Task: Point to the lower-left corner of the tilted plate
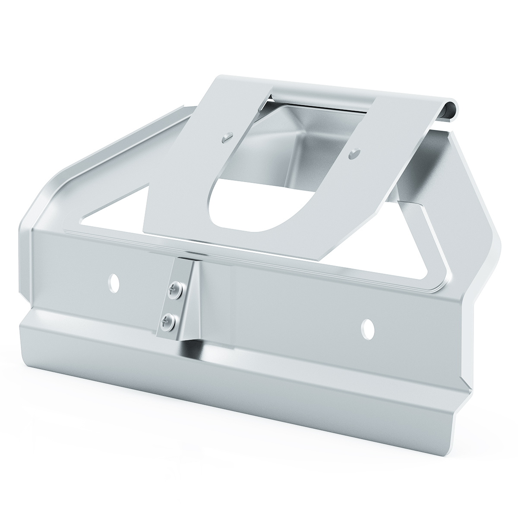(x=143, y=232)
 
